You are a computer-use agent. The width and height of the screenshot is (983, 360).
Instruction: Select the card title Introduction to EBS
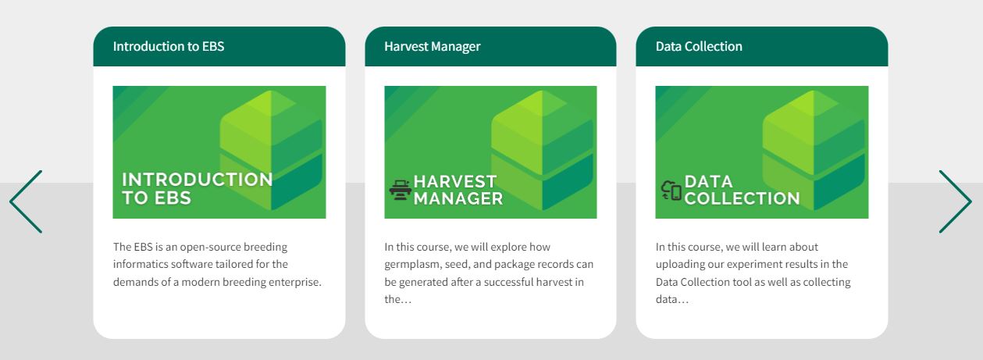169,46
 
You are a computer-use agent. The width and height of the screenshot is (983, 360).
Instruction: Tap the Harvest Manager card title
433,47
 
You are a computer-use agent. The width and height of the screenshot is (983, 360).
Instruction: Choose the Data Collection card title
699,46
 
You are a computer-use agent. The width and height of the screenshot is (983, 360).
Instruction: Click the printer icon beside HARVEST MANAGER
401,190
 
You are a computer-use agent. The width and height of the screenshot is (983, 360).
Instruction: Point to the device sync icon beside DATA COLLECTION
671,191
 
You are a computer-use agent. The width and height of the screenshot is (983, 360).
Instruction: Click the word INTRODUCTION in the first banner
198,180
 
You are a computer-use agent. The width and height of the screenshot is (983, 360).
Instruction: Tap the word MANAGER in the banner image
458,198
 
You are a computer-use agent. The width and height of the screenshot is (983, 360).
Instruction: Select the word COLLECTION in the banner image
742,198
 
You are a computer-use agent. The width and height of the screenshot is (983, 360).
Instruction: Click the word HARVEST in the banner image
455,181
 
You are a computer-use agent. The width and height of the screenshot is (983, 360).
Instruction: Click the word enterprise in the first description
295,282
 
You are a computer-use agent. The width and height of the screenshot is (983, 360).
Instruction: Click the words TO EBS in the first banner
157,198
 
